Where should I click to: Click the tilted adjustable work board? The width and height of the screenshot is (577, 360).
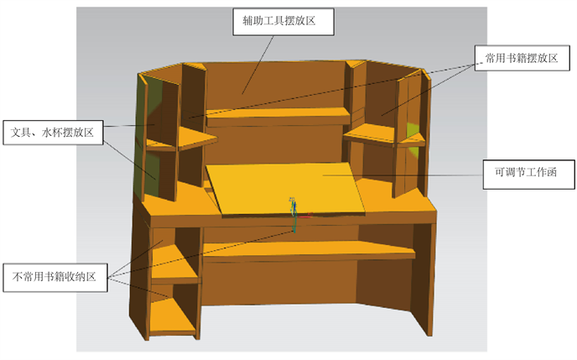click(285, 186)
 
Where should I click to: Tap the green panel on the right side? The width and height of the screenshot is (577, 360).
click(412, 132)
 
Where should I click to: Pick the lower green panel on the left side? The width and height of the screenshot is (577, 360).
click(152, 172)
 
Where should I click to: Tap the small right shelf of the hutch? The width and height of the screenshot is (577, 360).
click(373, 130)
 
